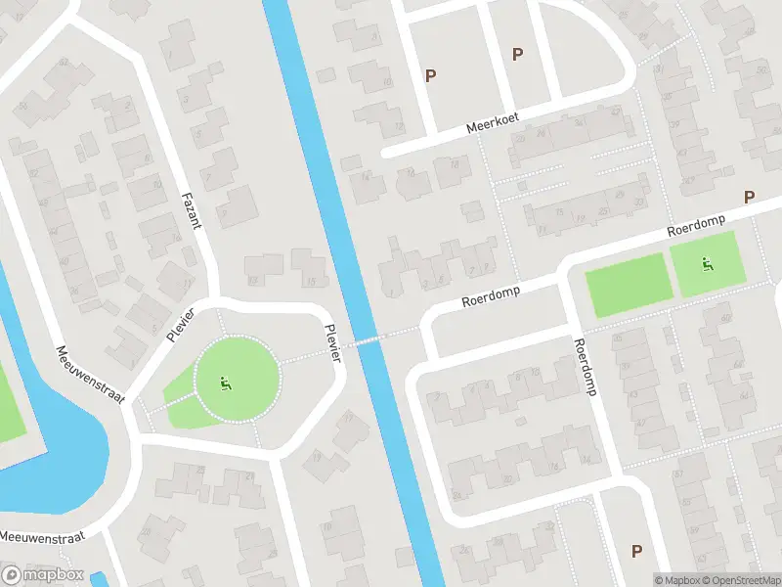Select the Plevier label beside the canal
tap(333, 343)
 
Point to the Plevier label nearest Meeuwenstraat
tap(181, 324)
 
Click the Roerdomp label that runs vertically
tap(586, 366)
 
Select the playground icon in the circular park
tap(226, 384)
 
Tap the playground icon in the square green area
tap(707, 264)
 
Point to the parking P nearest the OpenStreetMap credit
tap(637, 551)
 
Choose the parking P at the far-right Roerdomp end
tap(750, 197)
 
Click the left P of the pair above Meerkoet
tap(430, 74)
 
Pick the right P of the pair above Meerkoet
tap(517, 55)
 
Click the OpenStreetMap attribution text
tap(739, 580)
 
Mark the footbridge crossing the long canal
tap(369, 339)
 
